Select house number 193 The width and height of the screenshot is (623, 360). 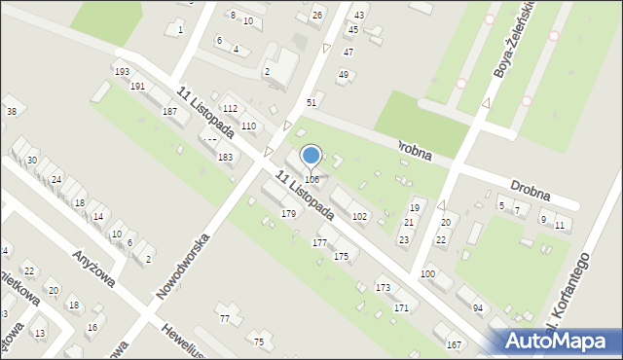[122, 72]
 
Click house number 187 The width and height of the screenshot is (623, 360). [169, 112]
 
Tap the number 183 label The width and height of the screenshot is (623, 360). [225, 157]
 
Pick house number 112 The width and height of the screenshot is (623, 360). [231, 108]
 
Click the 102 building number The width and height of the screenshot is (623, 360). [359, 216]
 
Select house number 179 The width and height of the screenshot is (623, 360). [288, 213]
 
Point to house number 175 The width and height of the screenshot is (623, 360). [341, 256]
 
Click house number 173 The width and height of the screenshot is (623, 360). [384, 287]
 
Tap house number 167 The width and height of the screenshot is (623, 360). [454, 345]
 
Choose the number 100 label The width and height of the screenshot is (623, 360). [427, 275]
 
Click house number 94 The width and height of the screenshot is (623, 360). [478, 307]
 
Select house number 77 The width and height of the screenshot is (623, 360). [225, 318]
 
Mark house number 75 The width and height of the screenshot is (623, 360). [259, 342]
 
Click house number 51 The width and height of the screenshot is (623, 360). [311, 102]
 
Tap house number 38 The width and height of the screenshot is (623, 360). [12, 112]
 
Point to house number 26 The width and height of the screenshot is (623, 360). [316, 16]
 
